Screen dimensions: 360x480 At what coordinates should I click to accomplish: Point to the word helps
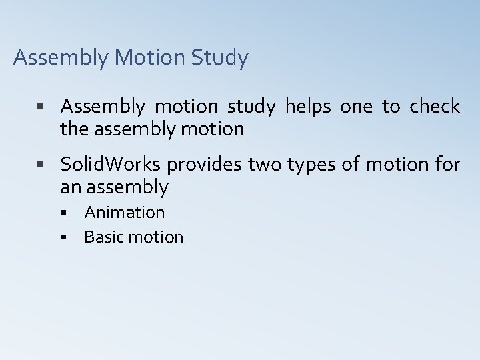point(309,107)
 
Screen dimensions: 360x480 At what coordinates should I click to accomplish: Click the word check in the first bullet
point(435,107)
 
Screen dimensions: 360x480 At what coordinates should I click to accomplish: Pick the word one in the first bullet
point(357,107)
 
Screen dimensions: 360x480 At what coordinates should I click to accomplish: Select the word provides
point(205,164)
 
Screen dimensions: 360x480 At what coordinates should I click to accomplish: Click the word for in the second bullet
point(447,164)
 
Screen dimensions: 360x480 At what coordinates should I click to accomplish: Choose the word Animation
point(125,213)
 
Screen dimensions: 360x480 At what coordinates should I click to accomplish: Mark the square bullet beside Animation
point(64,213)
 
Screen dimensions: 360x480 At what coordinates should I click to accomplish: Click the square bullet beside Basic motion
point(64,237)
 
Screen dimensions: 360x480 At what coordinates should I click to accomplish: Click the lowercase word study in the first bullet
point(253,107)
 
